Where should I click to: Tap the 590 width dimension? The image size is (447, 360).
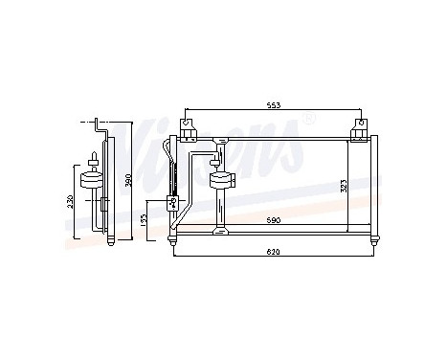tap(273, 221)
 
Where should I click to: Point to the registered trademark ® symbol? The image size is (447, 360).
tap(308, 119)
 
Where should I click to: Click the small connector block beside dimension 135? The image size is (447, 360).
tap(173, 202)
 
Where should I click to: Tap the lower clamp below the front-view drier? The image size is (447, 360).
tap(219, 230)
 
